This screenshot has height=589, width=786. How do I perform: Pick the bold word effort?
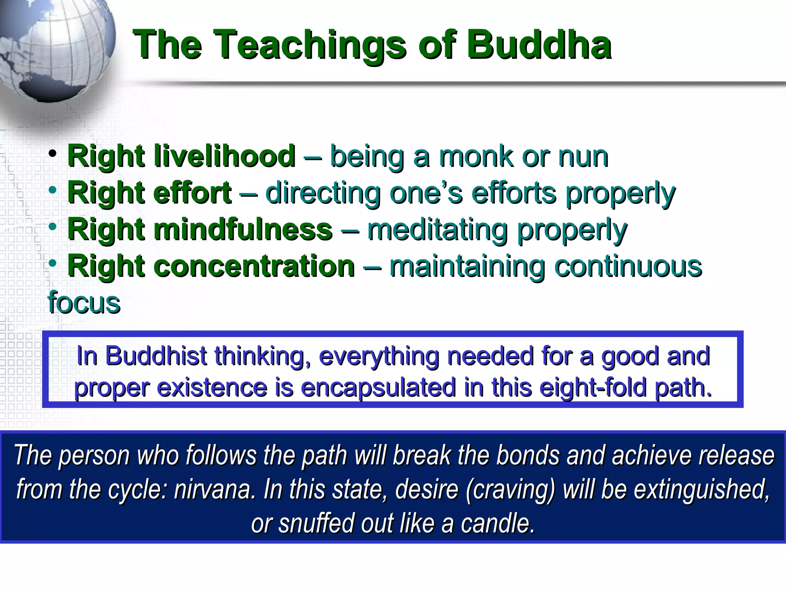pyautogui.click(x=192, y=192)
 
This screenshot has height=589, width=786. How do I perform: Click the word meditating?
pyautogui.click(x=438, y=229)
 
